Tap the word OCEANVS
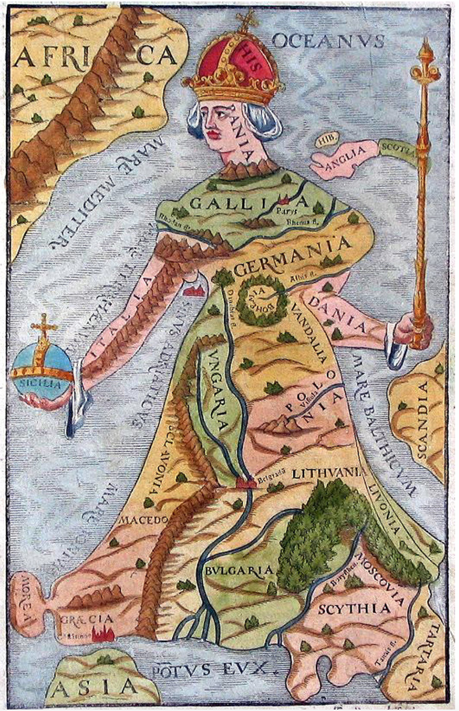tap(328, 40)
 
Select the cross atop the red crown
tap(246, 21)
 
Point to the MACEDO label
tap(143, 520)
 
